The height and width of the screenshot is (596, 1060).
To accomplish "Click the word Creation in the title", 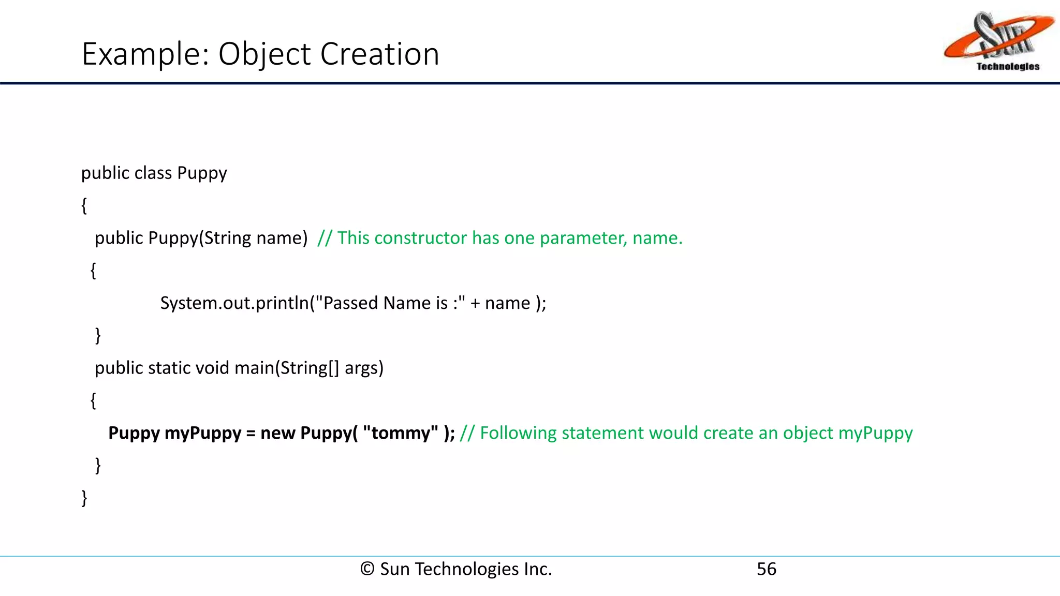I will pyautogui.click(x=380, y=54).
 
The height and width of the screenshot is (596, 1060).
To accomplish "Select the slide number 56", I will pyautogui.click(x=767, y=569).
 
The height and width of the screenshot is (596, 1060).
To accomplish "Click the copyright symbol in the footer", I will pyautogui.click(x=367, y=569).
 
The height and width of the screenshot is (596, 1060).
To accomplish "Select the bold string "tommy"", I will pyautogui.click(x=401, y=433).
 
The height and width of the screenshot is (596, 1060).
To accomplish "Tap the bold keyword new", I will pyautogui.click(x=277, y=433).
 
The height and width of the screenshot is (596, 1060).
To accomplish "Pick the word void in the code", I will pyautogui.click(x=212, y=368).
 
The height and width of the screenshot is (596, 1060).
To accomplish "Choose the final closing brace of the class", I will pyautogui.click(x=84, y=498).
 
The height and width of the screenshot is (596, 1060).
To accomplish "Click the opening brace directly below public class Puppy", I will pyautogui.click(x=84, y=205).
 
